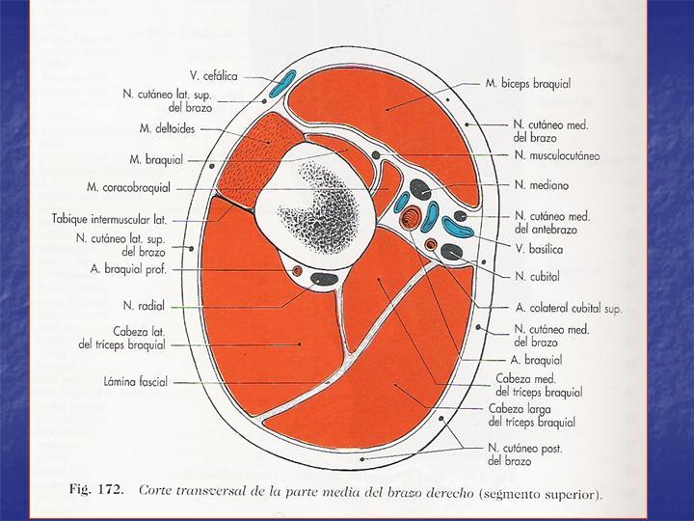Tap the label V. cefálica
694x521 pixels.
pyautogui.click(x=214, y=76)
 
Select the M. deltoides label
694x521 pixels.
pyautogui.click(x=167, y=129)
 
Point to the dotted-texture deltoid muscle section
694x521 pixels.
pyautogui.click(x=254, y=159)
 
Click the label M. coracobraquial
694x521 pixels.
pyautogui.click(x=128, y=187)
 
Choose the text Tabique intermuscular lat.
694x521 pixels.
pyautogui.click(x=109, y=219)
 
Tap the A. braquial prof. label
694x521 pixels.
pyautogui.click(x=128, y=269)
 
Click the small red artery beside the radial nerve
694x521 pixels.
pyautogui.click(x=297, y=270)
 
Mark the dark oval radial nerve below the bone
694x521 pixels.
pyautogui.click(x=324, y=279)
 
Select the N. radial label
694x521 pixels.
pyautogui.click(x=144, y=306)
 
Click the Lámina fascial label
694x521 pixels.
pyautogui.click(x=136, y=381)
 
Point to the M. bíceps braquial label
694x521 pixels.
pyautogui.click(x=528, y=83)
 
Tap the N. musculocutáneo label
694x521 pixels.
pyautogui.click(x=557, y=155)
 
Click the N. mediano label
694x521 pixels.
pyautogui.click(x=542, y=184)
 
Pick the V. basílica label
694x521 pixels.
pyautogui.click(x=539, y=249)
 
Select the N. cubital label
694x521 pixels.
pyautogui.click(x=537, y=277)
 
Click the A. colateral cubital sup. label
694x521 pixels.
pyautogui.click(x=569, y=308)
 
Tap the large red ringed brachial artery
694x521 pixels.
pyautogui.click(x=411, y=217)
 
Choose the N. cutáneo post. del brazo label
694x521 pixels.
pyautogui.click(x=525, y=454)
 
